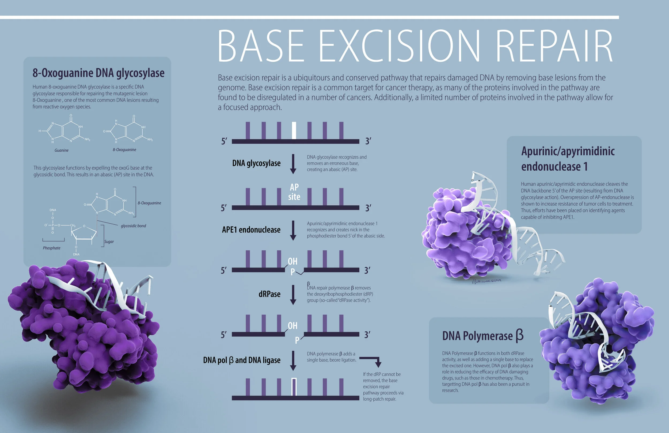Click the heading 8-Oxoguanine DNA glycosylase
point(98,73)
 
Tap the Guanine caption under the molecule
point(62,150)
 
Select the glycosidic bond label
point(133,226)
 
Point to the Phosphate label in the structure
point(51,248)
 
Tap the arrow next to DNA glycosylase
point(293,163)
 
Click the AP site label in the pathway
point(294,192)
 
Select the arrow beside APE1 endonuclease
point(293,230)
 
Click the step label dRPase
point(269,294)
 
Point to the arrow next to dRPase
point(293,294)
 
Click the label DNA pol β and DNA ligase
point(242,360)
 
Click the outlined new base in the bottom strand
point(294,387)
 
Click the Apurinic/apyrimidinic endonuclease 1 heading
point(568,159)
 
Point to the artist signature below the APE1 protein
point(486,281)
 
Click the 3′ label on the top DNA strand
point(368,141)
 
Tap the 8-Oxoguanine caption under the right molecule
point(124,150)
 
